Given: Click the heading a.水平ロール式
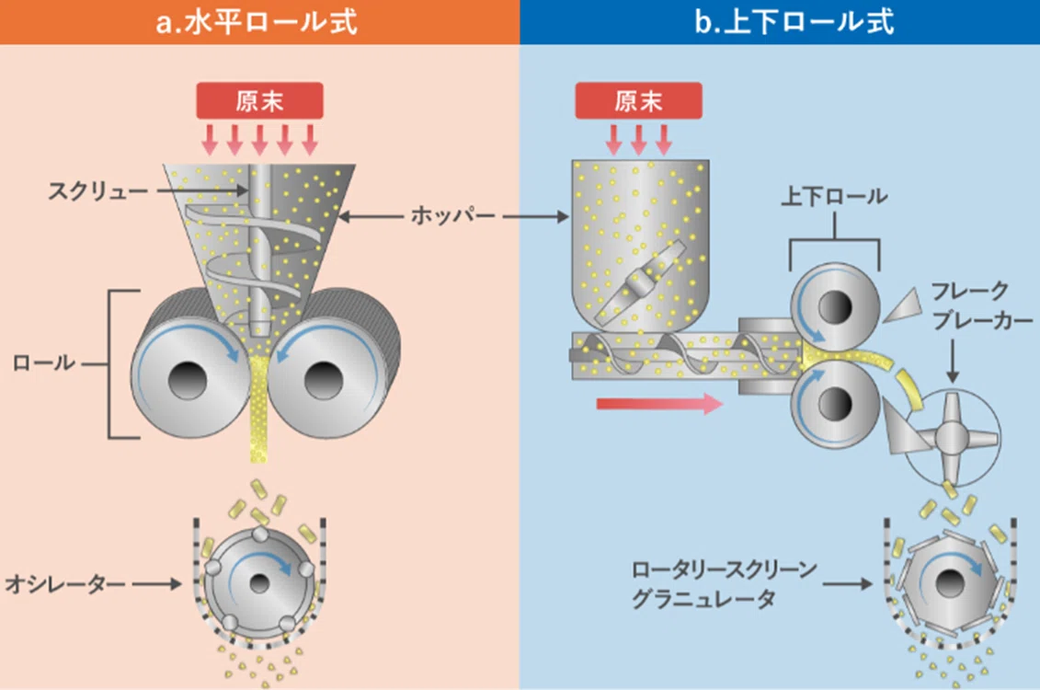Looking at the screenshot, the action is coord(256,22).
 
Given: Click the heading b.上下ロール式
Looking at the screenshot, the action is coord(794,22).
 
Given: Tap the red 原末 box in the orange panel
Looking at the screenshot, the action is coord(259,101).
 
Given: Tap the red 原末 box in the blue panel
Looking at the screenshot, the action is coord(638,101).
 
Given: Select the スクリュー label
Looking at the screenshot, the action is coord(97,191).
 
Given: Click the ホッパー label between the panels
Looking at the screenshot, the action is coord(452,215).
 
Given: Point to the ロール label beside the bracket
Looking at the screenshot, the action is coord(44,362).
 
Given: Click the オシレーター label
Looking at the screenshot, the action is coord(64,584).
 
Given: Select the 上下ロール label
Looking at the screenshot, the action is coord(834,196).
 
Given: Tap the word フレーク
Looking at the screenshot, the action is coord(970,291).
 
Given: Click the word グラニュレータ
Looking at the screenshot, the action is coord(703,599).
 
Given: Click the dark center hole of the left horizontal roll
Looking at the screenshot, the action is coord(188,381).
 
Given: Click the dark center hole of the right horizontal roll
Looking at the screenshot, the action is coord(323,380).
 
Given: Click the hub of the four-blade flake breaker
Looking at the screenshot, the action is coord(952,437).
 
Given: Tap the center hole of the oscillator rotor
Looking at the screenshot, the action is coord(259,584).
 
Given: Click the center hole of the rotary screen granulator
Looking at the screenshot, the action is coord(948,584).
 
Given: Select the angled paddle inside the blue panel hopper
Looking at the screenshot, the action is coord(640,283).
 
